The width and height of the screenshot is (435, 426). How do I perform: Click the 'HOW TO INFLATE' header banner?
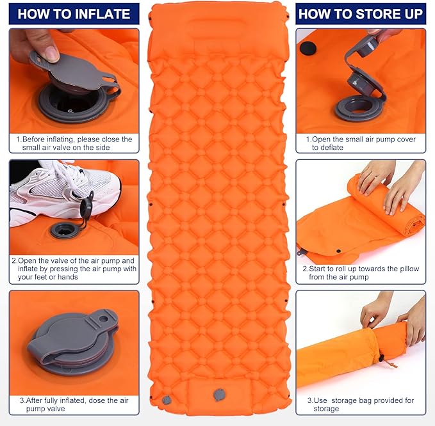(74, 13)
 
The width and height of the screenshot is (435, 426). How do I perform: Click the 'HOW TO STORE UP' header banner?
(361, 13)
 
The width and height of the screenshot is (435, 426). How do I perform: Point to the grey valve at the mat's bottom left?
(167, 400)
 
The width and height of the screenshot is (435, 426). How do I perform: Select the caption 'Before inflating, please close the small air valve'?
(74, 143)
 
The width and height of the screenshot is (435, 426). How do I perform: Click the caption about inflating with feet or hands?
(74, 269)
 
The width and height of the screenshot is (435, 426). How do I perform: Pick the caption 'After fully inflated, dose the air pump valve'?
(74, 405)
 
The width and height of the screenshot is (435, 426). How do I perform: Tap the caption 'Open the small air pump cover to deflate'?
(361, 143)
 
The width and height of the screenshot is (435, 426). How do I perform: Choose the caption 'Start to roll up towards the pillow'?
(361, 273)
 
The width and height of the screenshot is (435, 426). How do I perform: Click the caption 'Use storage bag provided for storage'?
(361, 405)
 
